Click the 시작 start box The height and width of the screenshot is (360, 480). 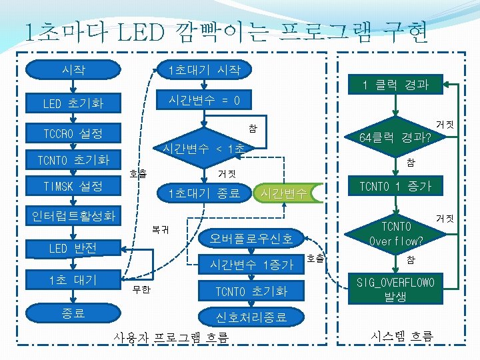(x=73, y=69)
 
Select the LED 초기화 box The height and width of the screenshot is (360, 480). (x=73, y=104)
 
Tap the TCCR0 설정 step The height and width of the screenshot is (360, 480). (x=73, y=133)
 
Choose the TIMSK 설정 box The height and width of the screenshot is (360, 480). (x=73, y=187)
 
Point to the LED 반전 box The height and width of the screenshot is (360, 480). (x=73, y=249)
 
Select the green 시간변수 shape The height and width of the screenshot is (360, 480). (x=285, y=193)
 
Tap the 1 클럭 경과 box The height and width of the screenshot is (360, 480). (x=395, y=85)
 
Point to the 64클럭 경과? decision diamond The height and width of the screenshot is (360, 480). (x=395, y=138)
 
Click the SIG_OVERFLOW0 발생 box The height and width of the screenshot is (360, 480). (x=395, y=289)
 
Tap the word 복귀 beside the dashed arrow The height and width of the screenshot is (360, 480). (x=160, y=230)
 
